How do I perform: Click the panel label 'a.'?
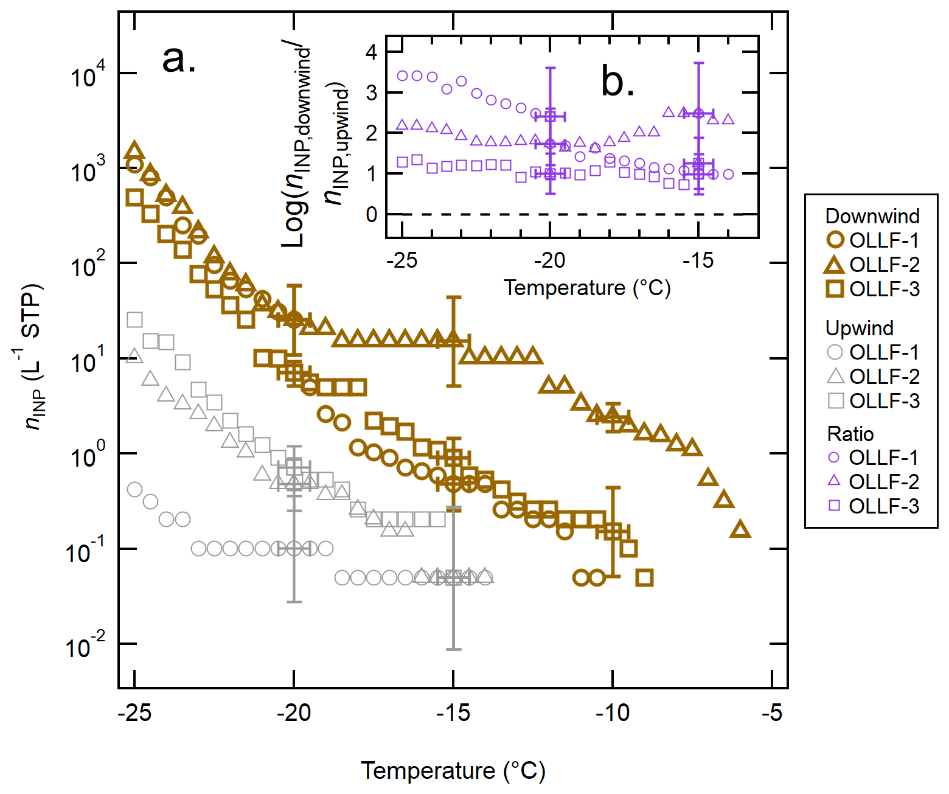(x=179, y=60)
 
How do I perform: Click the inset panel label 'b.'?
(x=617, y=81)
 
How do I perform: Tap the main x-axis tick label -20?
(x=294, y=712)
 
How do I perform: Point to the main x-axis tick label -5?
(x=771, y=712)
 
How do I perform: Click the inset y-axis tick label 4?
(x=371, y=52)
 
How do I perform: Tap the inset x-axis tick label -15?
(x=698, y=261)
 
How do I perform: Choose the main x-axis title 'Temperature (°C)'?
(x=453, y=770)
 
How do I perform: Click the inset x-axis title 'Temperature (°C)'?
(x=587, y=288)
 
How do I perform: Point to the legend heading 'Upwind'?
(x=859, y=328)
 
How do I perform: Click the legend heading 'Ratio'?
(x=850, y=434)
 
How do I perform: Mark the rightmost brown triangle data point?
(x=740, y=529)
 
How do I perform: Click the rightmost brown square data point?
(x=644, y=577)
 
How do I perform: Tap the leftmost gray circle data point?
(x=134, y=490)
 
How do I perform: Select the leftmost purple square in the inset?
(x=402, y=162)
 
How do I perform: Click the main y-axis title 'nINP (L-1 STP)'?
(x=34, y=357)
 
